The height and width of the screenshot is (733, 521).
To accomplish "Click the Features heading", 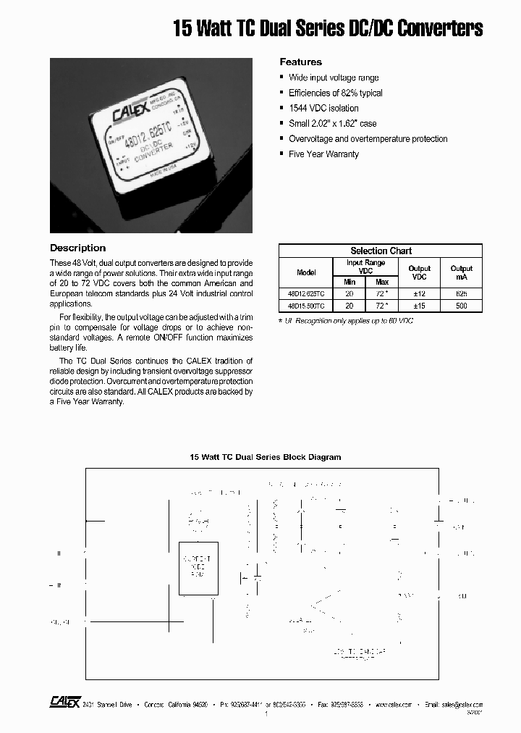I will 300,62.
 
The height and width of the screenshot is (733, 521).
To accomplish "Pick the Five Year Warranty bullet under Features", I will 323,154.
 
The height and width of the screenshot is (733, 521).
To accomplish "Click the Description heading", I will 77,248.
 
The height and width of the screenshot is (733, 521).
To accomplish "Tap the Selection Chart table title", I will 381,251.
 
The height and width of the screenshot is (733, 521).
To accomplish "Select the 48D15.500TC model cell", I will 305,306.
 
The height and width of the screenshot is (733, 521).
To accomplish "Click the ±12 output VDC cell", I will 419,294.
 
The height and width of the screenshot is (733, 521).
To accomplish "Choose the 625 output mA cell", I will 461,294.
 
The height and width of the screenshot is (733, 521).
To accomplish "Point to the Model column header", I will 306,272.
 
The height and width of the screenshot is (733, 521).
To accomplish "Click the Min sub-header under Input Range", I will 350,282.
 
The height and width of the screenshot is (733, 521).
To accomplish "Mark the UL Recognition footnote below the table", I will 346,319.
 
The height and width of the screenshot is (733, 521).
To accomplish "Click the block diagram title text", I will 265,457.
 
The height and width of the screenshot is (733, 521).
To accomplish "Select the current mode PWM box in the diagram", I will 198,568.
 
